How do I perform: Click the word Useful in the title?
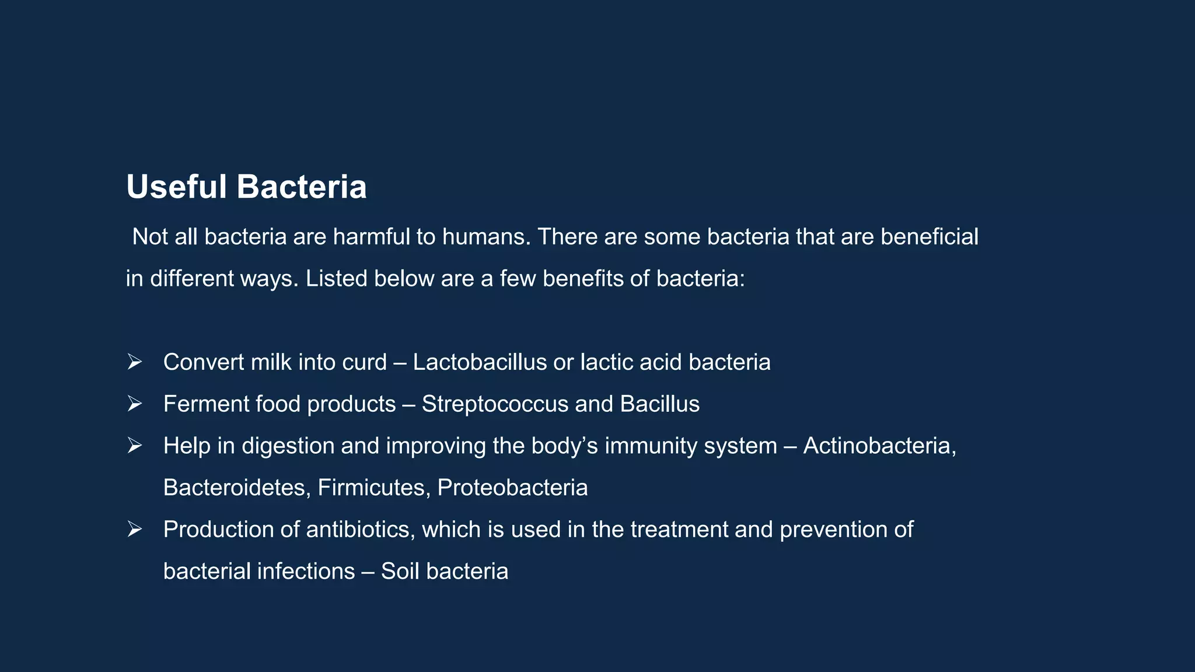click(176, 187)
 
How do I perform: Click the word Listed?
click(336, 279)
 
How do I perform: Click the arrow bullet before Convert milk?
click(135, 362)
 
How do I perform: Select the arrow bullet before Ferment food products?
click(135, 404)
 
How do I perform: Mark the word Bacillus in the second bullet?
click(659, 404)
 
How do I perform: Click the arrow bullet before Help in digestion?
click(135, 446)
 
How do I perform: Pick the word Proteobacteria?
click(512, 488)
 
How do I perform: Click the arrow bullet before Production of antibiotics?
click(135, 529)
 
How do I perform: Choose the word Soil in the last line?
click(400, 571)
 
